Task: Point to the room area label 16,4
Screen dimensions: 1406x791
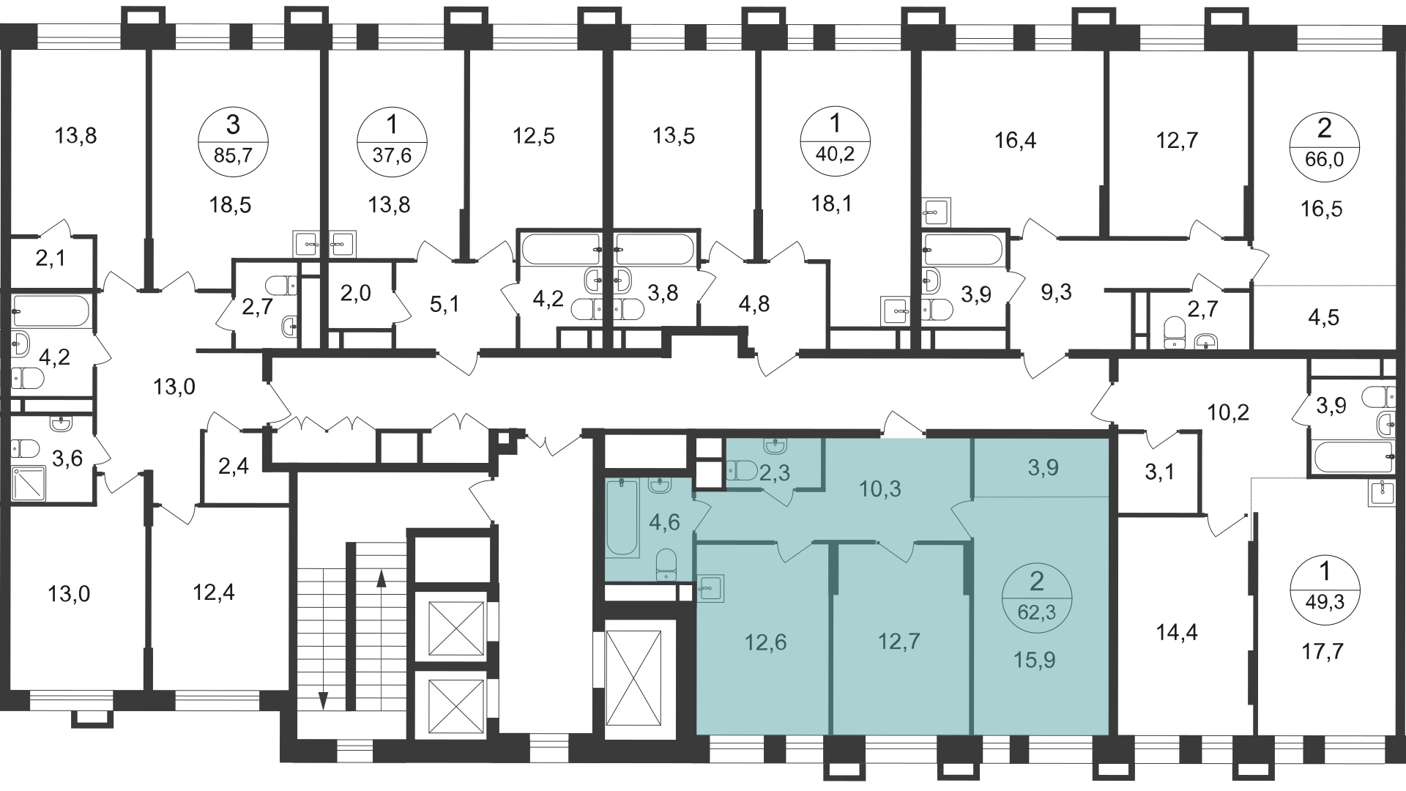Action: pos(1016,140)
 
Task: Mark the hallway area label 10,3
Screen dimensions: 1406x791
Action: pos(880,489)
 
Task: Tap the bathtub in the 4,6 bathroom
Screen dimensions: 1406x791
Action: pos(623,517)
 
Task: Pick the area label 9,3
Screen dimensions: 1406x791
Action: pos(1056,293)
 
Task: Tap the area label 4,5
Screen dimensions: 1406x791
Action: pos(1323,319)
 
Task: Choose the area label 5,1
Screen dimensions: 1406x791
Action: pos(445,303)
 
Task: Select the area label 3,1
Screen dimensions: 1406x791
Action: pos(1159,473)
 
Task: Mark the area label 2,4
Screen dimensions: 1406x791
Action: pos(234,466)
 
